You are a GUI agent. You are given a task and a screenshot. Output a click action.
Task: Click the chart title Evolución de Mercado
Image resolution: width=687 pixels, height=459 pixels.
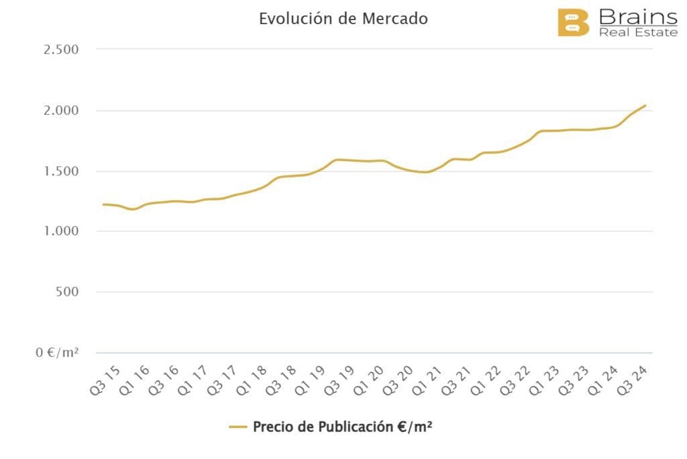click(343, 19)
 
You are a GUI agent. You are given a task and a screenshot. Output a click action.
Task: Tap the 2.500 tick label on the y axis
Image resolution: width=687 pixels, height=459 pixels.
click(60, 50)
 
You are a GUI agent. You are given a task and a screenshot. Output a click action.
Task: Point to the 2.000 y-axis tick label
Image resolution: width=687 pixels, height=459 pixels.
click(60, 110)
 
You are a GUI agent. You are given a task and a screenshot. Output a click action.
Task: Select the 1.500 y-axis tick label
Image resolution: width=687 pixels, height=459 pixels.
click(60, 171)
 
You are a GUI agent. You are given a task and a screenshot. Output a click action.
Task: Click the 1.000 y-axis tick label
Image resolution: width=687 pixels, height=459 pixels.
click(60, 231)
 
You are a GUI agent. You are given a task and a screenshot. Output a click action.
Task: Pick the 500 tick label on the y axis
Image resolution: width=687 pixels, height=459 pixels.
click(67, 292)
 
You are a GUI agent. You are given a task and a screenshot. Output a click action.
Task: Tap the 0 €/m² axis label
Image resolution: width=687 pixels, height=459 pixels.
click(57, 352)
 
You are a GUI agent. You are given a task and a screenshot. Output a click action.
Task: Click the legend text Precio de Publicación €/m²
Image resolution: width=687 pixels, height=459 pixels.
click(342, 427)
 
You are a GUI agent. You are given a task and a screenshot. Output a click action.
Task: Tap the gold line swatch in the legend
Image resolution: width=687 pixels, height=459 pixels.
click(238, 427)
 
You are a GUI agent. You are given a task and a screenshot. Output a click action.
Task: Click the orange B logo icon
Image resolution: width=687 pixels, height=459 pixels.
click(573, 23)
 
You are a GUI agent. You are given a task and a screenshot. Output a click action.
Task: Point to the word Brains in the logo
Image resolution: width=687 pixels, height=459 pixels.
click(637, 16)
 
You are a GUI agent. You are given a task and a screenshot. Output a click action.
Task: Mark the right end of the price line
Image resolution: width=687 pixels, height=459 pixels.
click(645, 106)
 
